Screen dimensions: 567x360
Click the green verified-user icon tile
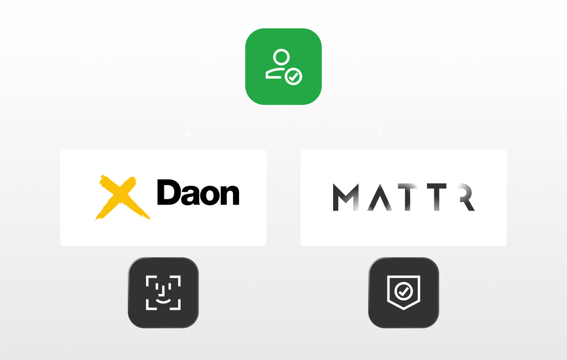point(283,67)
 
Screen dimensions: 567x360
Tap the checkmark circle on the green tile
point(294,76)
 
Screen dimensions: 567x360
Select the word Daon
point(198,193)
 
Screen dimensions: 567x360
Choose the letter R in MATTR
point(465,197)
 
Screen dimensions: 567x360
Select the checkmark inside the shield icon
point(403,292)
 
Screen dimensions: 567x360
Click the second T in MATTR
point(435,197)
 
